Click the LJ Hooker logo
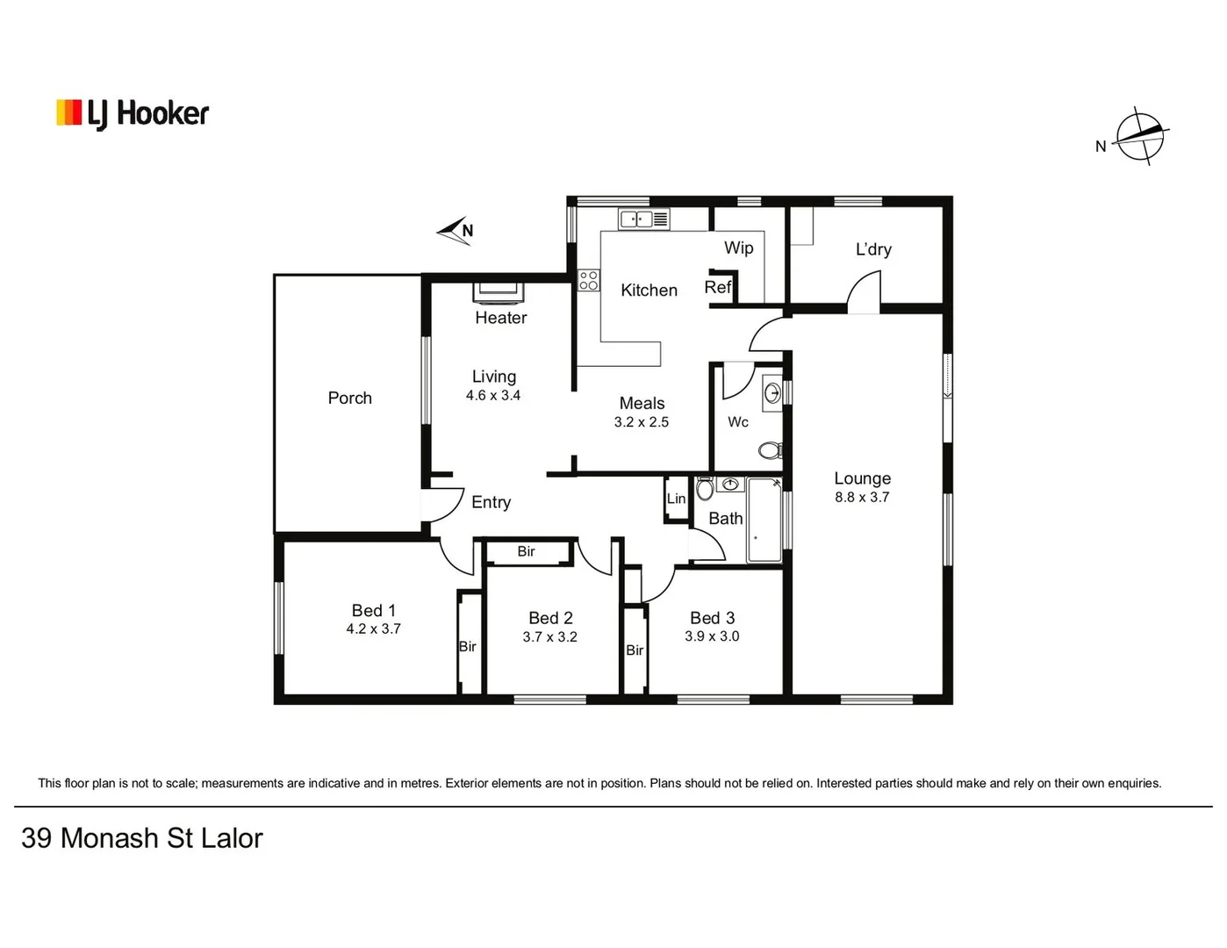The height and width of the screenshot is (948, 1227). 133,113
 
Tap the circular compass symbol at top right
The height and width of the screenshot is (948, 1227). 1140,136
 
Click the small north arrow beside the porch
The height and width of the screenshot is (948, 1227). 456,231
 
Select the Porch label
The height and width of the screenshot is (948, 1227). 349,398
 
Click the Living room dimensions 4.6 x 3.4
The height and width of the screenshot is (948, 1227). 492,396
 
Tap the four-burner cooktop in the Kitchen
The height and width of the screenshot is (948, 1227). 588,281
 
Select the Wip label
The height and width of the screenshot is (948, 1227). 738,248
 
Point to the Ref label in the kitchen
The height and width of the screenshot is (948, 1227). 717,287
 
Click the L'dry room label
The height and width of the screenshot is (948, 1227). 873,249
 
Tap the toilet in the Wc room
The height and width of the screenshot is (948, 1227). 770,450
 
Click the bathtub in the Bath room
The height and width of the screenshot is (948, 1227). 764,520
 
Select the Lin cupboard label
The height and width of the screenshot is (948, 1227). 676,499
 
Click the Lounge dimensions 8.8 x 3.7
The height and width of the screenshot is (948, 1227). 862,498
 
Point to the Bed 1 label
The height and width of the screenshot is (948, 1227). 373,610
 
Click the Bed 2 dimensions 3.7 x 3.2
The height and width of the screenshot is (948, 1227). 549,637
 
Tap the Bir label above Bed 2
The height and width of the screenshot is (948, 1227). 526,551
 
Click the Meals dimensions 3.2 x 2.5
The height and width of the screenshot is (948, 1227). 641,422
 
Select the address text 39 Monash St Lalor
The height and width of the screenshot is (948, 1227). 142,838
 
